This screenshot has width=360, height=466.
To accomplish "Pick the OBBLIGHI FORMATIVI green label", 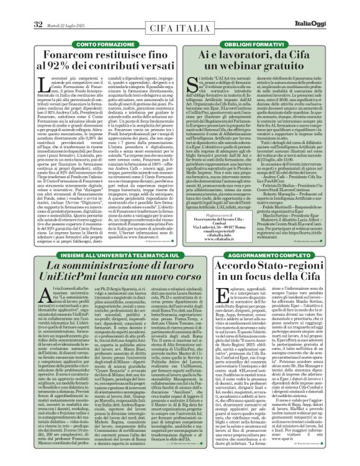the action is pos(258,45).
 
